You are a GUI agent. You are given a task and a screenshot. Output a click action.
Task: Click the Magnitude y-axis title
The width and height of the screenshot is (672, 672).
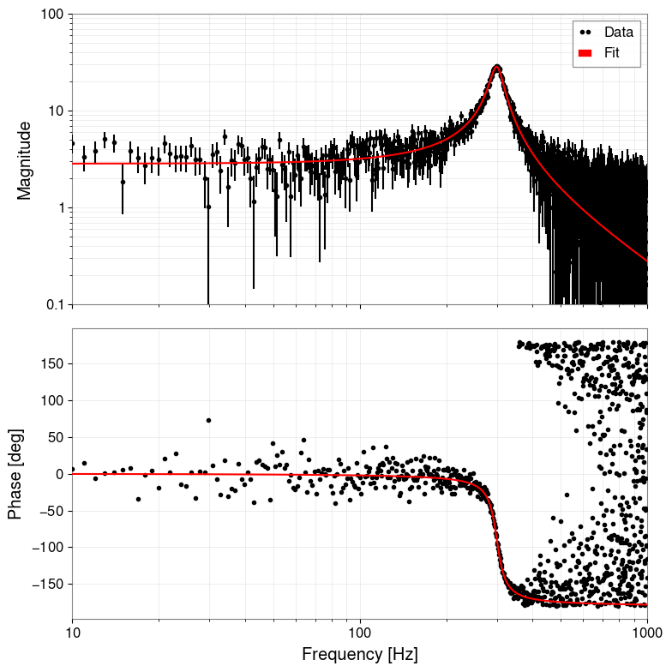[24, 160]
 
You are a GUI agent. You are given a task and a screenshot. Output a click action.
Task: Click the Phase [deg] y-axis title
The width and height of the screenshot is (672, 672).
[15, 473]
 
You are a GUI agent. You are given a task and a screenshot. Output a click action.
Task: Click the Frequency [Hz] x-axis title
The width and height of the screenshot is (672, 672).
[359, 655]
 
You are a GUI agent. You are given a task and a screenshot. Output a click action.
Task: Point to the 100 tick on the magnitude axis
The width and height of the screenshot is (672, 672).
[53, 15]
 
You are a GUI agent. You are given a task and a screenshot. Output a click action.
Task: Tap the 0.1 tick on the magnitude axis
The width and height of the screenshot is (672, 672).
[54, 304]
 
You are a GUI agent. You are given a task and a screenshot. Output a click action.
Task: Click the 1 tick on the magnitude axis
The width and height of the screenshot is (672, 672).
[60, 207]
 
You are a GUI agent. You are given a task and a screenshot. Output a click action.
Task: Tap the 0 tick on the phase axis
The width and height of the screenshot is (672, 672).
[60, 473]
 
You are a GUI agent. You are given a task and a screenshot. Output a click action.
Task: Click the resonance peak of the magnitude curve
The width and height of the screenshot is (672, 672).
[496, 67]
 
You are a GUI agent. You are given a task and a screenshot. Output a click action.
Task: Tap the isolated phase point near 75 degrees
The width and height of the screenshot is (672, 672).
[208, 420]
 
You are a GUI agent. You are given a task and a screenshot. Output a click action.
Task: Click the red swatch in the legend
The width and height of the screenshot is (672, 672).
[586, 53]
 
